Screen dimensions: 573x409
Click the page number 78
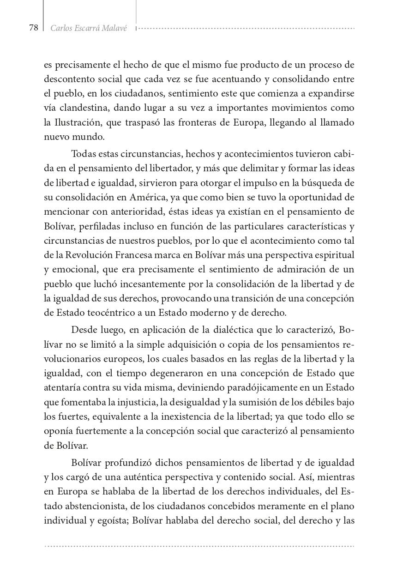(x=33, y=28)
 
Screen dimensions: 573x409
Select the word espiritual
(x=334, y=255)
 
